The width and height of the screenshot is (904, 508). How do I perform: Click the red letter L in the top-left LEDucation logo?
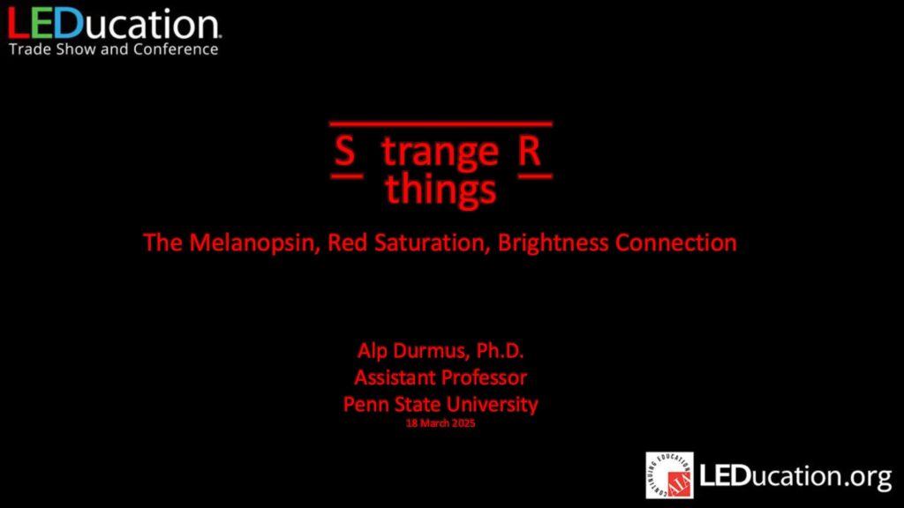(x=18, y=24)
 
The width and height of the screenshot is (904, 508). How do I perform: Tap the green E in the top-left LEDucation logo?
(x=41, y=24)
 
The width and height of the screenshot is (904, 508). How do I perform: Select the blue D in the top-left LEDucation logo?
(x=69, y=24)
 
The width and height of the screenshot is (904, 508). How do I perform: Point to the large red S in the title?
(x=345, y=151)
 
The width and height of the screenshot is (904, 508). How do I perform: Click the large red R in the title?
(x=530, y=151)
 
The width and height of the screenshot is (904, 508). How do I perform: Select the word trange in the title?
(x=440, y=153)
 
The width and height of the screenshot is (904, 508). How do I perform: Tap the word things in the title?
(x=441, y=190)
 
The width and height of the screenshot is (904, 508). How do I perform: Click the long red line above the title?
(x=441, y=123)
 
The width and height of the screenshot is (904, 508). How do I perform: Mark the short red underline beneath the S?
(x=347, y=176)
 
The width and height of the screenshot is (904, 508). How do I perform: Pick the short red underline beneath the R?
(x=535, y=176)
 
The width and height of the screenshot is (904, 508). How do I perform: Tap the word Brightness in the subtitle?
(x=553, y=243)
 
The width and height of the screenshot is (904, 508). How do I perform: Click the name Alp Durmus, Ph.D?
(x=441, y=351)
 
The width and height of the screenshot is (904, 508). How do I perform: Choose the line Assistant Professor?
(x=441, y=377)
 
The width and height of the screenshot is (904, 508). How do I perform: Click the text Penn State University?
(x=441, y=404)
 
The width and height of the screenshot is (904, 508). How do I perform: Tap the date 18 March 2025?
(x=441, y=423)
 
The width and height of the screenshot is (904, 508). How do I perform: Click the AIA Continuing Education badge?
(x=669, y=475)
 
